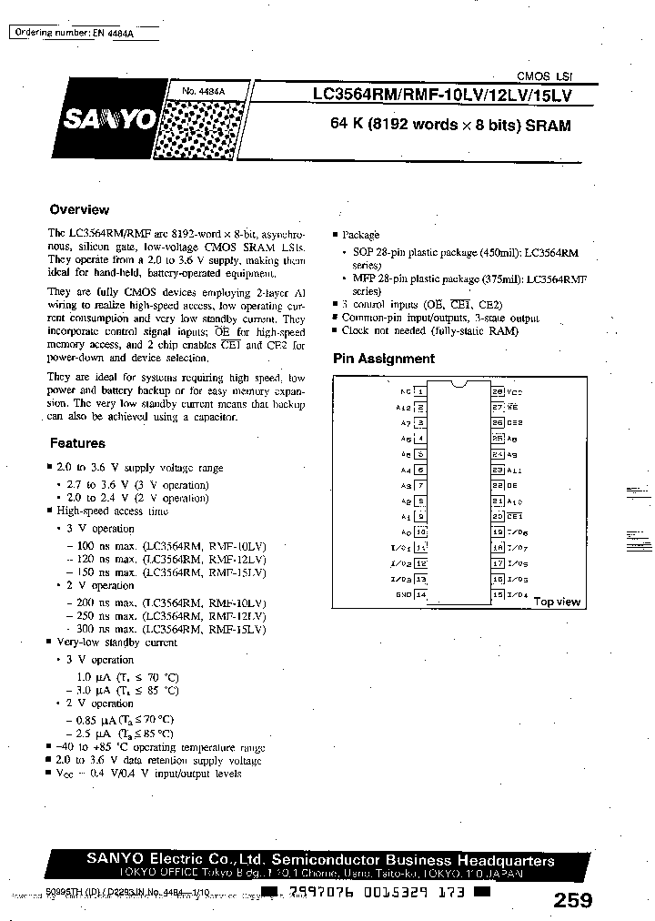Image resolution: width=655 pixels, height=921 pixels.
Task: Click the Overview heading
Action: coord(79,209)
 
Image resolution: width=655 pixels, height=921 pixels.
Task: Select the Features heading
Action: coord(77,443)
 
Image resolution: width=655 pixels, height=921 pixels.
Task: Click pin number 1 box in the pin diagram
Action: coord(420,390)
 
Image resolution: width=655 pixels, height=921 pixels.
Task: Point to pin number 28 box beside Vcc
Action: coord(498,390)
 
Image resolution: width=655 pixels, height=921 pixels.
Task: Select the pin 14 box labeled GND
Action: coord(420,594)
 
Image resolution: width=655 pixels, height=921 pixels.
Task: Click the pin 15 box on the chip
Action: coord(498,594)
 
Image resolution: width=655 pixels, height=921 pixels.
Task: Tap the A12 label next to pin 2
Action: coord(405,406)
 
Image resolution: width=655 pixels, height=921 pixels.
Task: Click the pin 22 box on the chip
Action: coord(498,484)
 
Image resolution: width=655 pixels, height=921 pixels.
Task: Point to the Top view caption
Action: coord(557,602)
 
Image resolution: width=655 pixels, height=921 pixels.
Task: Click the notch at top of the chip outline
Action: coord(459,386)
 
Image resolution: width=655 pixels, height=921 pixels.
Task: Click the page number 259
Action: coord(572,900)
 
